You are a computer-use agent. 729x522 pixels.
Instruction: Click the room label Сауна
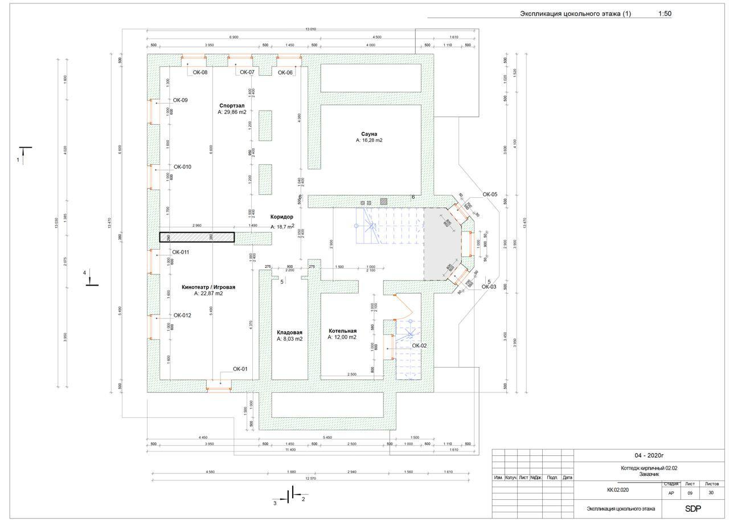369,134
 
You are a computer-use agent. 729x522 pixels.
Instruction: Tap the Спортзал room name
232,106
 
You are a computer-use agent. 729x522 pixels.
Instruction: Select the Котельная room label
342,331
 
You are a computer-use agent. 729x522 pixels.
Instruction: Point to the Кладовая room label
289,332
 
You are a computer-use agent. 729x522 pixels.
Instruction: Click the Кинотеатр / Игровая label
208,287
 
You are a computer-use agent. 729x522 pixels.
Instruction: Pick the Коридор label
282,217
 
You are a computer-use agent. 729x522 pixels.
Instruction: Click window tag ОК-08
200,72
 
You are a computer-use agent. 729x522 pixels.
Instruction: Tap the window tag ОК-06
285,72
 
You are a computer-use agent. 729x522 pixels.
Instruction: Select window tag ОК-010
182,167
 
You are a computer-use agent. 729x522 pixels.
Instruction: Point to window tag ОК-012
182,315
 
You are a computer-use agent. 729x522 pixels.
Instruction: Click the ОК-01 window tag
240,369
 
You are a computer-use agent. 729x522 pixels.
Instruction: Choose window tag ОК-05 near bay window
490,194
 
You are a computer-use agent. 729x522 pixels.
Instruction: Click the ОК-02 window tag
419,345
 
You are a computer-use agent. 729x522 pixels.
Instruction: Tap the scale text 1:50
665,14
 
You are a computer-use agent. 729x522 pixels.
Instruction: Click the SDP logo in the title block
693,508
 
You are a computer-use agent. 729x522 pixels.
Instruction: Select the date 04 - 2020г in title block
649,455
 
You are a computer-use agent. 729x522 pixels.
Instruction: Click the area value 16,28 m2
369,140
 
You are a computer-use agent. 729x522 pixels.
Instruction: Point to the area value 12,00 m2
342,337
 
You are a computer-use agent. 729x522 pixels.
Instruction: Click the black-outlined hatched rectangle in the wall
196,237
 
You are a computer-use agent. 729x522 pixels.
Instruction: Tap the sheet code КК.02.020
618,490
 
